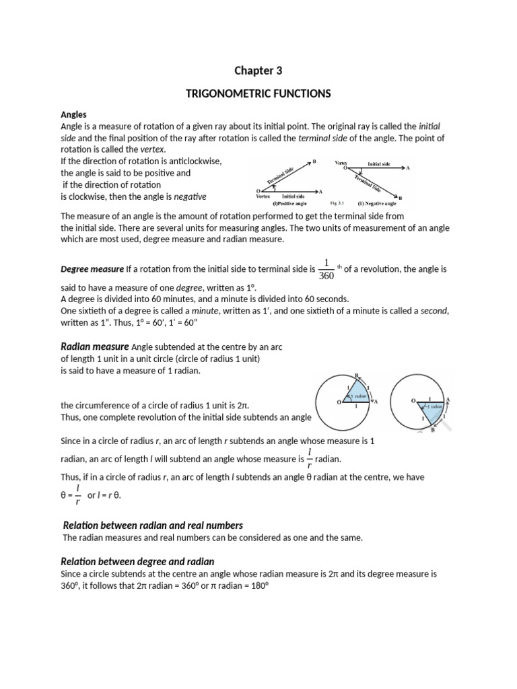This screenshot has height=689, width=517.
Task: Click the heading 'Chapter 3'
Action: (258, 71)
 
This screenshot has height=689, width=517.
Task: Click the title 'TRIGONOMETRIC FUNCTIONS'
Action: (258, 94)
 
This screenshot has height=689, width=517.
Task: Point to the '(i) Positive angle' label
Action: (289, 202)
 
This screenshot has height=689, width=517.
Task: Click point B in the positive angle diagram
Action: (313, 161)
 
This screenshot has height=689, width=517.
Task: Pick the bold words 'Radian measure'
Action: (95, 347)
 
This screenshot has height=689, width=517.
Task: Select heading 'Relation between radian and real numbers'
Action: (152, 525)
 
